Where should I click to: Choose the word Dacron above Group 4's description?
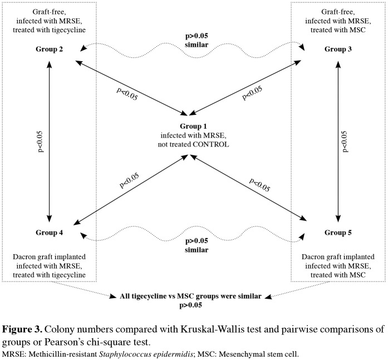tap(26, 257)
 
